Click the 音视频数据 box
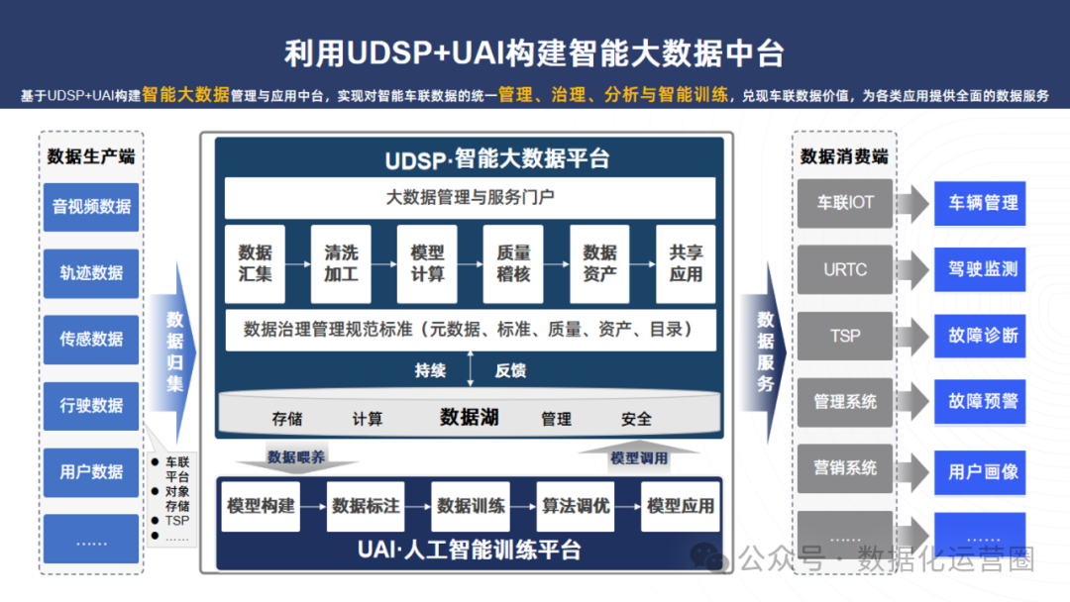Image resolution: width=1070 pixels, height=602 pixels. point(91,206)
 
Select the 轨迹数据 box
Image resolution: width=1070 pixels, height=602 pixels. point(91,272)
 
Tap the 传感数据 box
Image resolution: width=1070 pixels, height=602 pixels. point(91,339)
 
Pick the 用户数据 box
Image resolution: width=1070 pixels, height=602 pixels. point(91,471)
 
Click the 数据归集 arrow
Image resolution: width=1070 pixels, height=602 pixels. point(175,351)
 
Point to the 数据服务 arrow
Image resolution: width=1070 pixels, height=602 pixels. point(766,351)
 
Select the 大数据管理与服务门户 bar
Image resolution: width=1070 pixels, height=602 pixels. point(470,197)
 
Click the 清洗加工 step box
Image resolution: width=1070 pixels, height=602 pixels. point(341,263)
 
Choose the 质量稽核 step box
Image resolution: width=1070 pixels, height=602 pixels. point(513,263)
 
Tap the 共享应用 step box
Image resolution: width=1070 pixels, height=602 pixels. point(686,263)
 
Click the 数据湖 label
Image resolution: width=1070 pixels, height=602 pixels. point(470,417)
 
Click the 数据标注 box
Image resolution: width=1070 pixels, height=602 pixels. point(366,506)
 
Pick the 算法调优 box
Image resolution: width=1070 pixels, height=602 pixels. point(576,506)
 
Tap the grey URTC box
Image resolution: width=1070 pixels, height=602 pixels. point(845,269)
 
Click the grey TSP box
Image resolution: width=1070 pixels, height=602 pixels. point(845,336)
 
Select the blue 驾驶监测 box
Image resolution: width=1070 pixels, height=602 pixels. point(983,269)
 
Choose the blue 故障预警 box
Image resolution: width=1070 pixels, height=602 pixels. point(983,402)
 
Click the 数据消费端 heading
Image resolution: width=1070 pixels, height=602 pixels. point(844,156)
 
